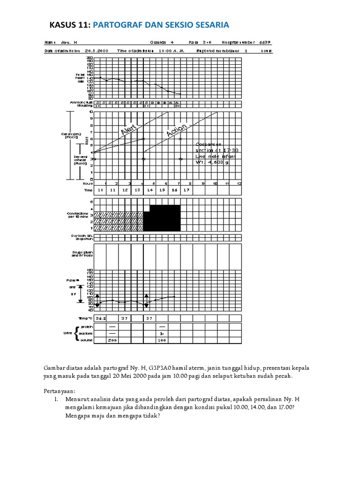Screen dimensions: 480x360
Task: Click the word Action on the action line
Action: click(x=177, y=130)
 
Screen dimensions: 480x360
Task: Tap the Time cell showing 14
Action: click(x=150, y=190)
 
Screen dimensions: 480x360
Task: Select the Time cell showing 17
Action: click(x=186, y=190)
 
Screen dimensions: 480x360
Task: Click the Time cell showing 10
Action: click(x=100, y=190)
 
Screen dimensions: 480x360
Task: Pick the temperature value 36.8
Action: click(x=100, y=318)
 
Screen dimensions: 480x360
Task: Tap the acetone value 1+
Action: click(x=162, y=333)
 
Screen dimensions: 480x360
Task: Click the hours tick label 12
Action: click(x=240, y=183)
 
